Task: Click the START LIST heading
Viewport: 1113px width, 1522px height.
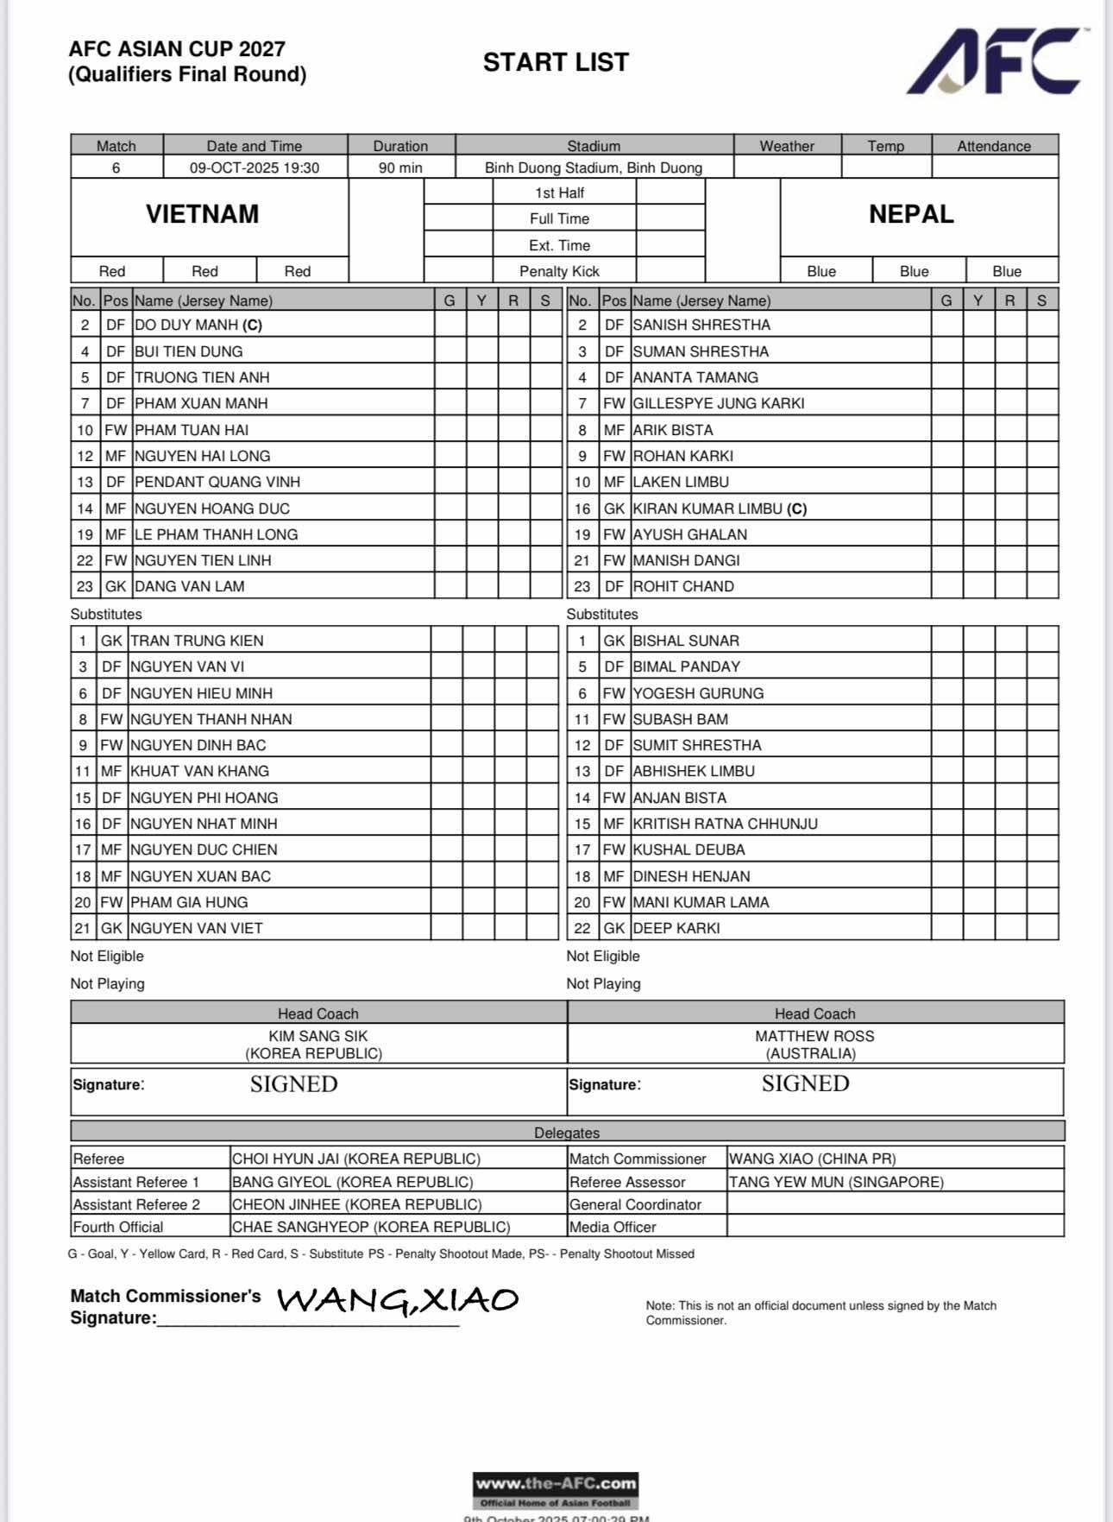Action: (x=556, y=62)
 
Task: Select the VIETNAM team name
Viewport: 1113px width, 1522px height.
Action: (x=202, y=214)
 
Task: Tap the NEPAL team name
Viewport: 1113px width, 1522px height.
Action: (x=911, y=214)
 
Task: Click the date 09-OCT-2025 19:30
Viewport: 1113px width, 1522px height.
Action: (x=255, y=167)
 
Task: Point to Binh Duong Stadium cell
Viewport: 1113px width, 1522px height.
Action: (x=594, y=167)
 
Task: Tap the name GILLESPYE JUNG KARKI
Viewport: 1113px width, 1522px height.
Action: (x=719, y=403)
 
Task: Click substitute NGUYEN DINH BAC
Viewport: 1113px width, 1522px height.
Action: (x=198, y=745)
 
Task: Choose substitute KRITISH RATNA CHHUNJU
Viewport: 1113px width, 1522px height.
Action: (x=726, y=824)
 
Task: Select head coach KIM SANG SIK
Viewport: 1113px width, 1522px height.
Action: (x=318, y=1036)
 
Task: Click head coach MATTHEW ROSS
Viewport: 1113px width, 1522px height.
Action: (x=814, y=1036)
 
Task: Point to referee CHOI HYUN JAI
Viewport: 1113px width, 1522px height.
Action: (x=356, y=1159)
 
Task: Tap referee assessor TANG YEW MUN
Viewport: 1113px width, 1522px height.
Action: (x=837, y=1182)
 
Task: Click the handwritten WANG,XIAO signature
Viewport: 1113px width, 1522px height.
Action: (x=398, y=1300)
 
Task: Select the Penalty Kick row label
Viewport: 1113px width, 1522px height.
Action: (x=559, y=271)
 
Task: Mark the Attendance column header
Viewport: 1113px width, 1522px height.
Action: (x=994, y=146)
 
